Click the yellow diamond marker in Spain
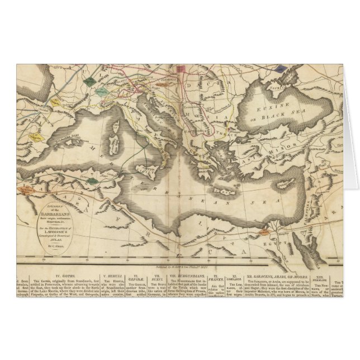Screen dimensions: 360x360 (x=55, y=102)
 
